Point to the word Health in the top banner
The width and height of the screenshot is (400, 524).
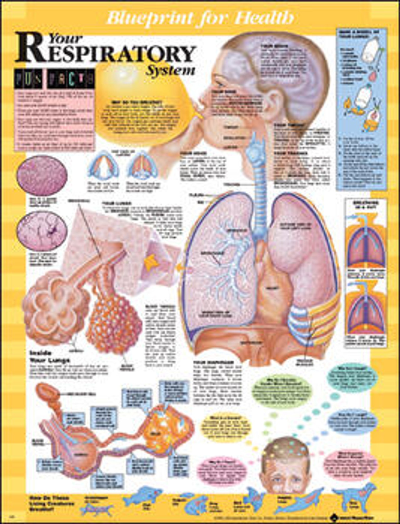point(264,18)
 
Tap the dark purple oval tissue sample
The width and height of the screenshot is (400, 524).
point(42,175)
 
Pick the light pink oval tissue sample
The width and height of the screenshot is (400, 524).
point(42,231)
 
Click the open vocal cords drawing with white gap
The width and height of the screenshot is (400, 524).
point(103,166)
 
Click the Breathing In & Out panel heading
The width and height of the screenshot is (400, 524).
point(365,205)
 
